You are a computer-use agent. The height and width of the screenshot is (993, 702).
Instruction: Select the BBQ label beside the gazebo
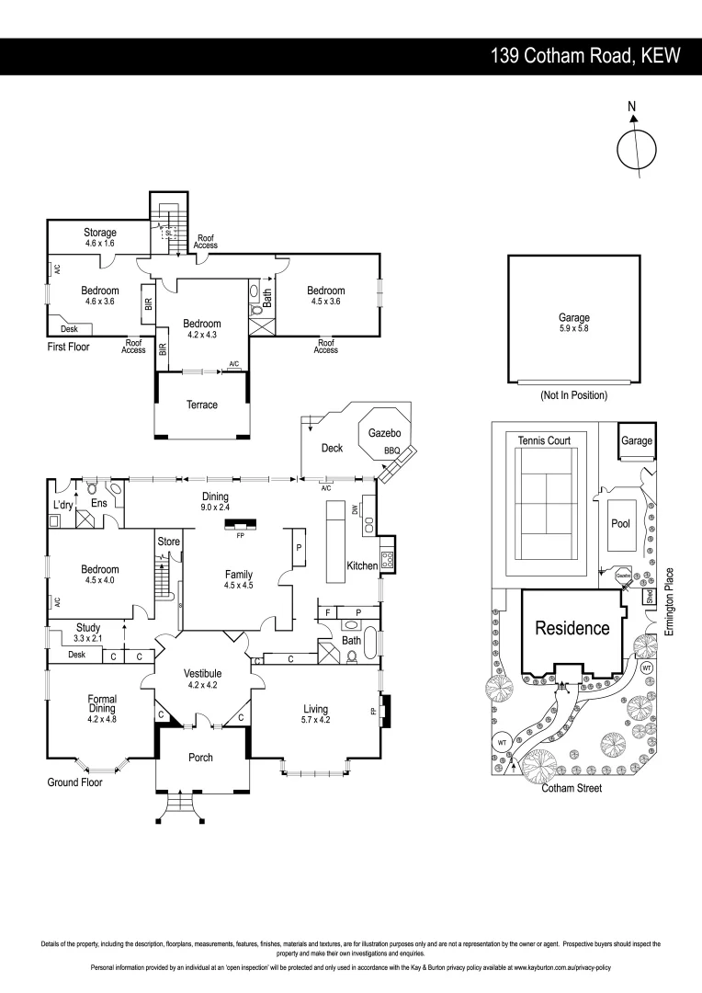[391, 451]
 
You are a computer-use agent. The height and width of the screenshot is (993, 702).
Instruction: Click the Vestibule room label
[205, 673]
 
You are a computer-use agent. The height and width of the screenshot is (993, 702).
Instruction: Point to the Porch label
[200, 758]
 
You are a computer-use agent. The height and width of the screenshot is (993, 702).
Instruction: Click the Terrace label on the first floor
[201, 405]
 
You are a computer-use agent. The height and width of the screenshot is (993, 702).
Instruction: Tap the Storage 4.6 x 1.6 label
[99, 238]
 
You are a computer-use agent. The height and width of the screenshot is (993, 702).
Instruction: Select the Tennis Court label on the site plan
[544, 441]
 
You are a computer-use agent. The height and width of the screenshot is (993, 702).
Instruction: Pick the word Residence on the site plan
[572, 629]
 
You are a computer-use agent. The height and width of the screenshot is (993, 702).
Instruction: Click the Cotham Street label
[571, 789]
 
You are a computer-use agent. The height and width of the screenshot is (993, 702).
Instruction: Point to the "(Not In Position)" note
[573, 395]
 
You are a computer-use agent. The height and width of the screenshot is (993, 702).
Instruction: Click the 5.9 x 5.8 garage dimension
[573, 329]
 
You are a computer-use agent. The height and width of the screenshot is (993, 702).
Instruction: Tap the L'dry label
[62, 506]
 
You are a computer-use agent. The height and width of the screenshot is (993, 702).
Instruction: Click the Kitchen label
[362, 565]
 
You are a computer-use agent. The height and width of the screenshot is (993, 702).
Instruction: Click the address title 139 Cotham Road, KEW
[585, 56]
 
